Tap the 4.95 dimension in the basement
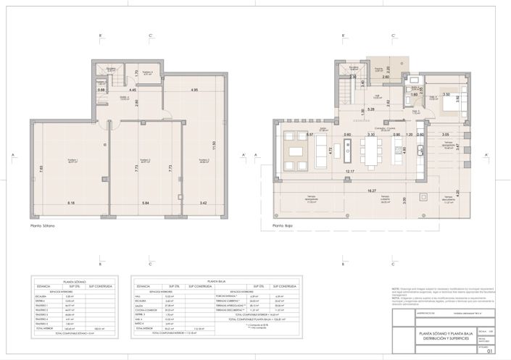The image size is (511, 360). pyautogui.click(x=194, y=90)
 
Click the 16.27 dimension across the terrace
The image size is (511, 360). pyautogui.click(x=372, y=191)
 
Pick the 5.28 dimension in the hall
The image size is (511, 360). pyautogui.click(x=370, y=109)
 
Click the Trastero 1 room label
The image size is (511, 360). pyautogui.click(x=72, y=162)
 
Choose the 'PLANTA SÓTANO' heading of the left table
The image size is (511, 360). pyautogui.click(x=75, y=280)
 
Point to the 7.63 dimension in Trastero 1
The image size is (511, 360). pyautogui.click(x=41, y=168)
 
